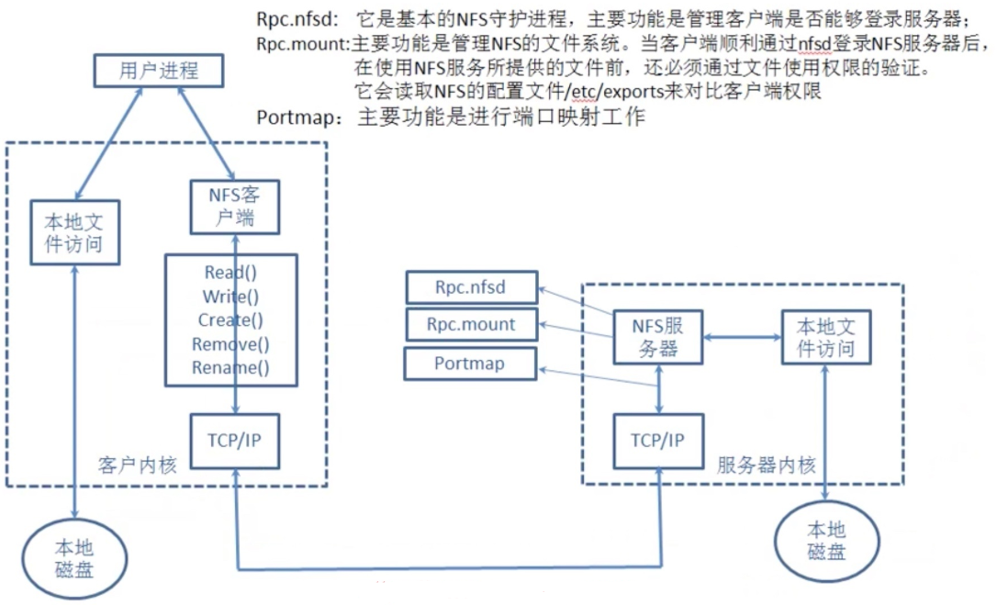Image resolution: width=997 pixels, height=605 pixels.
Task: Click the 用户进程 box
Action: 158,70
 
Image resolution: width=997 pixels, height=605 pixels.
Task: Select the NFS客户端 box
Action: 235,207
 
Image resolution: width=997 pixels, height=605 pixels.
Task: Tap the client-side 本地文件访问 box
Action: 75,232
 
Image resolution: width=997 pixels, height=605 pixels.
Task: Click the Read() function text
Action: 230,273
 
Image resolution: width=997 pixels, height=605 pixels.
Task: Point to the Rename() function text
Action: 230,367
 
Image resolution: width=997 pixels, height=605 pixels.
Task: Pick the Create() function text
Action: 230,320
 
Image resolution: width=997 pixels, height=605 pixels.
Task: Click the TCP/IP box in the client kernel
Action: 235,441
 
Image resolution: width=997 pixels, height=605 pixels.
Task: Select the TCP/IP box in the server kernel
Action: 658,441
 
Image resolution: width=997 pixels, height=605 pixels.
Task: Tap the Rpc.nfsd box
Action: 471,287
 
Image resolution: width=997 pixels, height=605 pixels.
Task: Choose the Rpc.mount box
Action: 471,324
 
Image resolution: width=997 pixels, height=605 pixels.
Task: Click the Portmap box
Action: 470,364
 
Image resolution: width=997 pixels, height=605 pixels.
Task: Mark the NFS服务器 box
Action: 658,337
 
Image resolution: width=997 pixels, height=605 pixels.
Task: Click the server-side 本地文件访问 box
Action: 826,337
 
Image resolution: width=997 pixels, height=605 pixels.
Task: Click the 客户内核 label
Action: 138,465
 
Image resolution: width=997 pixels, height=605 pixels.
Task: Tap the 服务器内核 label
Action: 766,465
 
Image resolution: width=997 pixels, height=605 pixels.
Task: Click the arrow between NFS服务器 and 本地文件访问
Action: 743,337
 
